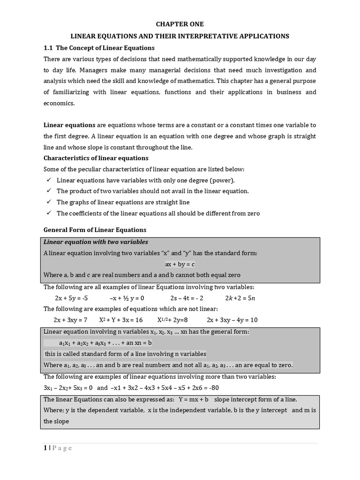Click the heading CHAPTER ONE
click(180, 24)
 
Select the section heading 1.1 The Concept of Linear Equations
click(99, 48)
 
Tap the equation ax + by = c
click(180, 264)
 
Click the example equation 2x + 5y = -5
click(71, 298)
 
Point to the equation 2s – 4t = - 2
click(187, 298)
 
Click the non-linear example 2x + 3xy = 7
click(70, 320)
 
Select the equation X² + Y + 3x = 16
click(120, 320)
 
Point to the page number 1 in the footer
click(45, 448)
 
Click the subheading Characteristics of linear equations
click(96, 158)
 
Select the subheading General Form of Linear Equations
click(95, 230)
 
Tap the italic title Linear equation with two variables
click(96, 242)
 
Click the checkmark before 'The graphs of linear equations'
click(48, 202)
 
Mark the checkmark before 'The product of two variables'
click(48, 191)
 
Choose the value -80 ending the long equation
click(212, 388)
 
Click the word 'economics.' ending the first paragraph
click(59, 103)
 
